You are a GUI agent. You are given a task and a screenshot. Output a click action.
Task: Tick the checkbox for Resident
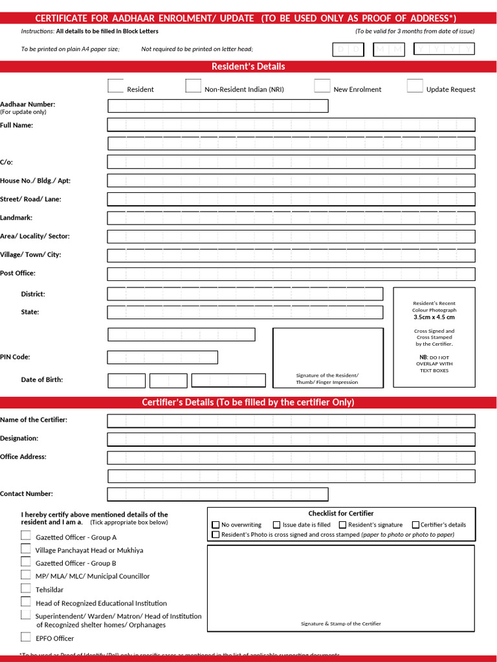click(115, 86)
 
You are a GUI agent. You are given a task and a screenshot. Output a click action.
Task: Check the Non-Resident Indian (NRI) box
click(193, 86)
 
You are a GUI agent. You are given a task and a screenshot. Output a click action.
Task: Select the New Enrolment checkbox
click(322, 86)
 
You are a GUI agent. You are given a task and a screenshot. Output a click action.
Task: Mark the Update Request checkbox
click(415, 86)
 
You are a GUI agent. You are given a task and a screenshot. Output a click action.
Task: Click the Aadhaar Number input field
click(217, 106)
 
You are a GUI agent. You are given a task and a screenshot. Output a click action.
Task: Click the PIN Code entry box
click(162, 357)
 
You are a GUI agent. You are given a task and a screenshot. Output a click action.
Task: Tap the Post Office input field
click(291, 274)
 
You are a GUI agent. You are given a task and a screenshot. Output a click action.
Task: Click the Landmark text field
click(291, 218)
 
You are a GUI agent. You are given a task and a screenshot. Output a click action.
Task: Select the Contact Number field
click(217, 495)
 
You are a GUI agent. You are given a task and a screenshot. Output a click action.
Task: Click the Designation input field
click(291, 440)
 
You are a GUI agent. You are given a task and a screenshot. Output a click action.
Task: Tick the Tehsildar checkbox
click(25, 589)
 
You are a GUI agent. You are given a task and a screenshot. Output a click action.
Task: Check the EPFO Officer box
click(25, 637)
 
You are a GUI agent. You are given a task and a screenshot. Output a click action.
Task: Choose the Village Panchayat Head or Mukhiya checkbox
click(25, 549)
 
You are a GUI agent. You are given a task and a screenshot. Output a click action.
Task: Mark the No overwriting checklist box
click(216, 525)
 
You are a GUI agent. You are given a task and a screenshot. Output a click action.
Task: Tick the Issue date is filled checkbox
click(277, 525)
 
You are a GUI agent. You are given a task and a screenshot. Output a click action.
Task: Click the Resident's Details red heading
click(248, 67)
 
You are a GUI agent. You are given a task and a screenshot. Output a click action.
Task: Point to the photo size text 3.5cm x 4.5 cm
click(434, 317)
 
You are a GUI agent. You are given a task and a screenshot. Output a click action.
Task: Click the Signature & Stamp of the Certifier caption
click(340, 624)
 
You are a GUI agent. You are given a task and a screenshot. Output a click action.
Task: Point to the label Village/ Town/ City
click(30, 254)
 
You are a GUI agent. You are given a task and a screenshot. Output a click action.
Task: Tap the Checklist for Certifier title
click(340, 513)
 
